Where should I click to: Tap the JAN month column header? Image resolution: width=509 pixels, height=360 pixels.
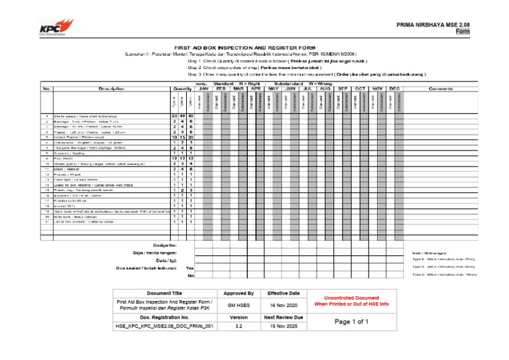click(x=203, y=88)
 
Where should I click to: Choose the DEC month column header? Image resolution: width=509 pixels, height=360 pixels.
click(x=394, y=88)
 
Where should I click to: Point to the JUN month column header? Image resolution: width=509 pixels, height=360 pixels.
click(x=290, y=88)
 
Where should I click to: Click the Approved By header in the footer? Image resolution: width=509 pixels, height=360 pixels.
click(x=239, y=293)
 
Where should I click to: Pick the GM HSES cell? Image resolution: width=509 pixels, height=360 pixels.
click(x=239, y=305)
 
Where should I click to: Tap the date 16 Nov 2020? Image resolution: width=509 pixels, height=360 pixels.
click(x=284, y=305)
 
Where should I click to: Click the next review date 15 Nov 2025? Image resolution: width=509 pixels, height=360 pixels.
click(x=284, y=327)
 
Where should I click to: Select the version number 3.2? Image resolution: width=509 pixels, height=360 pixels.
click(x=239, y=327)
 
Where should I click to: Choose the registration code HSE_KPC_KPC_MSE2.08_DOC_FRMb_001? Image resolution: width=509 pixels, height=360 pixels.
click(x=164, y=327)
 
